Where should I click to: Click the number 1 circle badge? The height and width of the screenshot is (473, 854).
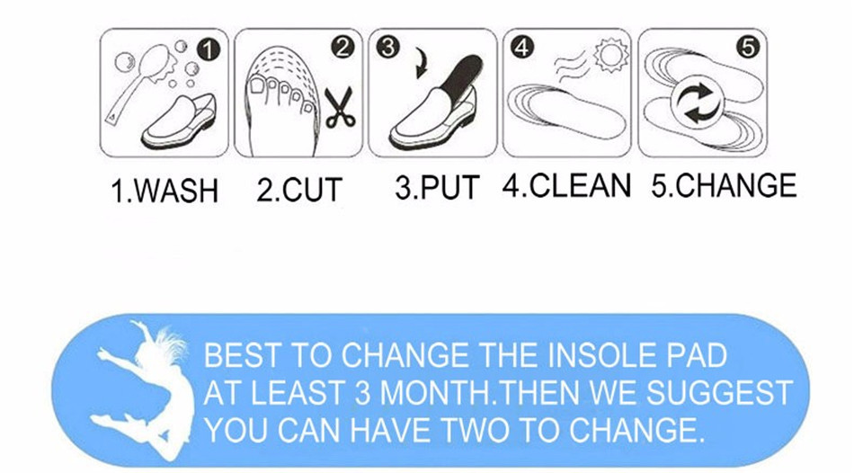click(x=209, y=50)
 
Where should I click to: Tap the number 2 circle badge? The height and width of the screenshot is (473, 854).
click(x=342, y=48)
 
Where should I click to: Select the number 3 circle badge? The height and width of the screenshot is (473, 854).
click(x=387, y=47)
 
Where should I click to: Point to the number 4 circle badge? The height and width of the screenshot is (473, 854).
click(x=521, y=48)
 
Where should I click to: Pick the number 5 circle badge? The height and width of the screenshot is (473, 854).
click(x=748, y=48)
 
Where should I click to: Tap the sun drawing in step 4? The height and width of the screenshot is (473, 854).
click(x=610, y=56)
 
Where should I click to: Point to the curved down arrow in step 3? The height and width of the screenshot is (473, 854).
click(x=422, y=63)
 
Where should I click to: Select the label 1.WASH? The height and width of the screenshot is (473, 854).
click(x=165, y=191)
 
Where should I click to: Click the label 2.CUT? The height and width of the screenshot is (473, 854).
click(x=299, y=190)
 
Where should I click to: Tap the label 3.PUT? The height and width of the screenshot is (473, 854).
click(x=437, y=187)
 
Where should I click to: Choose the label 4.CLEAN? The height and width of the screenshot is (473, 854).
click(x=566, y=185)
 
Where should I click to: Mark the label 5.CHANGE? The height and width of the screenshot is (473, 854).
click(x=724, y=185)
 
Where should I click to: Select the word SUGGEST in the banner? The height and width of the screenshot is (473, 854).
click(x=719, y=392)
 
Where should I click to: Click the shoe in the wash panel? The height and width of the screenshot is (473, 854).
click(x=178, y=121)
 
